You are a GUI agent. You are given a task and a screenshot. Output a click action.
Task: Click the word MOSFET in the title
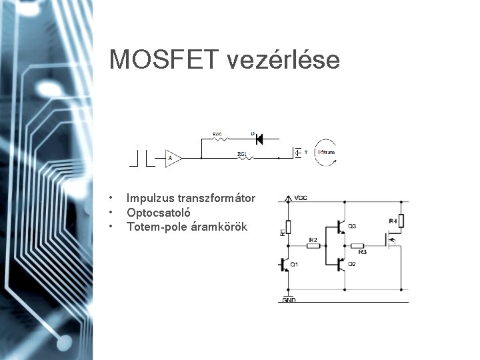click(x=164, y=60)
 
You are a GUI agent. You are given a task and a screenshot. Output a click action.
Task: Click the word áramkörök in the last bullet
click(x=219, y=227)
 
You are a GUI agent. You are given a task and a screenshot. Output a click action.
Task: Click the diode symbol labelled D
click(x=259, y=139)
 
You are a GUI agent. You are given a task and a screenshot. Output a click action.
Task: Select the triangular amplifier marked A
click(x=173, y=158)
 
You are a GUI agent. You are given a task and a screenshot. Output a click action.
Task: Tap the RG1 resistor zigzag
click(x=242, y=158)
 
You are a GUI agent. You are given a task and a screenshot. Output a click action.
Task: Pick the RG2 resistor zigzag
click(x=219, y=139)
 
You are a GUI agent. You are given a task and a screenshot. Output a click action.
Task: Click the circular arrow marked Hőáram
click(x=325, y=153)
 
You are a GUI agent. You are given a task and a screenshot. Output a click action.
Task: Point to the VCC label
click(x=301, y=198)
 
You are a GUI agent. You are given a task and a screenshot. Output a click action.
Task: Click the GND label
click(x=289, y=301)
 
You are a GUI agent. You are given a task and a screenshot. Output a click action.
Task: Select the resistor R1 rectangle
click(x=288, y=227)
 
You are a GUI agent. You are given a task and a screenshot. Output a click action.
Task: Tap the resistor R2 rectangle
click(x=313, y=245)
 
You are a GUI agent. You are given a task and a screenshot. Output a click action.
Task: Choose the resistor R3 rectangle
click(x=358, y=245)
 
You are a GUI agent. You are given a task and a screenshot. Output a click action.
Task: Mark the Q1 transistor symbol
click(x=285, y=265)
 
